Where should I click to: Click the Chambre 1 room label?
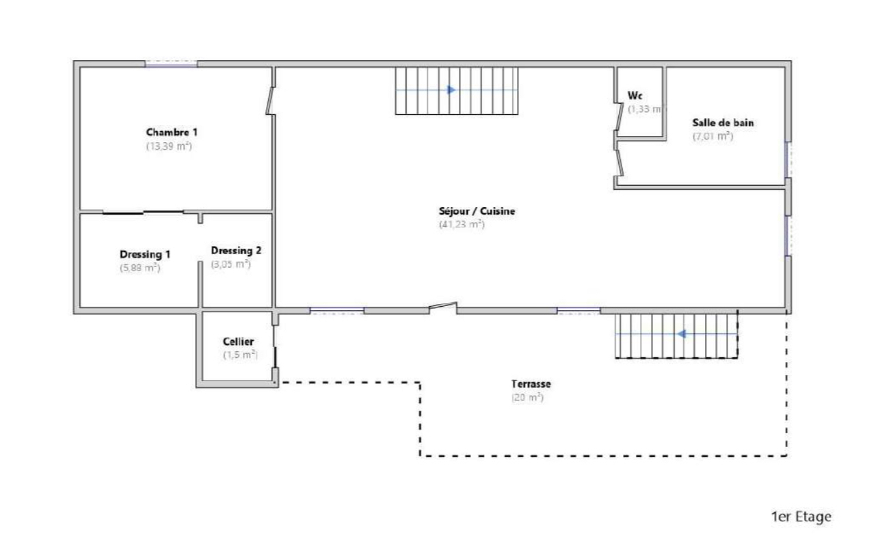[x=172, y=133]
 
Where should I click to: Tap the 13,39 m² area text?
[x=169, y=146]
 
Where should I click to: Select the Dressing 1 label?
[x=145, y=254]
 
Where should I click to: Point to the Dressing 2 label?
[x=236, y=251]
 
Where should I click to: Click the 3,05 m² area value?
[x=231, y=264]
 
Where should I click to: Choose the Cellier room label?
[x=239, y=342]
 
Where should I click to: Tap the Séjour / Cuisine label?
[x=477, y=211]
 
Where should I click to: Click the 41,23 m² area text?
[x=462, y=224]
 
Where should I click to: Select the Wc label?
[x=635, y=96]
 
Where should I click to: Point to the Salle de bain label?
[x=723, y=123]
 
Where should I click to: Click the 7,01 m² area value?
[x=713, y=136]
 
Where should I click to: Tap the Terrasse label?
[x=531, y=384]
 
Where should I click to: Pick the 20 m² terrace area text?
[x=528, y=398]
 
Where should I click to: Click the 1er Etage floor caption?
[x=801, y=516]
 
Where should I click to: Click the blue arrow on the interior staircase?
[x=451, y=90]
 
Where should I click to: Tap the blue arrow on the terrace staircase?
[x=682, y=334]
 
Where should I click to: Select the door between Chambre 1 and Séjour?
[x=271, y=100]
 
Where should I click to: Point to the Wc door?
[x=619, y=117]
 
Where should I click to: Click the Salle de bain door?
[x=620, y=163]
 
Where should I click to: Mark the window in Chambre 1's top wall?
[x=171, y=64]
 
